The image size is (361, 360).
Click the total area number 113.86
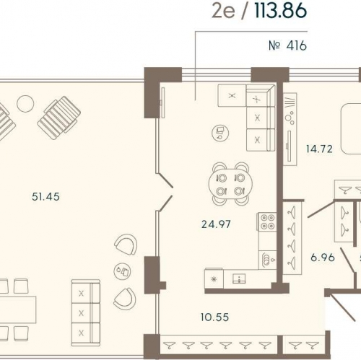[281, 11]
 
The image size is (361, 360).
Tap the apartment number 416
[287, 45]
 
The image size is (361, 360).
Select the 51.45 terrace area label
[45, 197]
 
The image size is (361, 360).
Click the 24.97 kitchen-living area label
[216, 224]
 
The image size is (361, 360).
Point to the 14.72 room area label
[319, 149]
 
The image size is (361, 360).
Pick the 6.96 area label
[323, 258]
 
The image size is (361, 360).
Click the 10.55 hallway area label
[215, 317]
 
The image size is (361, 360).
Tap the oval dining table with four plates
[230, 184]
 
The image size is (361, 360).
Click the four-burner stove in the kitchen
[267, 222]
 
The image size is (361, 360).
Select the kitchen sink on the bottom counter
[239, 278]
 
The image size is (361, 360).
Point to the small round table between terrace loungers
[25, 104]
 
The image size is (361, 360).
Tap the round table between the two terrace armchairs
[122, 271]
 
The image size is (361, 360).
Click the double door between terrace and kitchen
[165, 192]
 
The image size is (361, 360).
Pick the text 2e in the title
[223, 12]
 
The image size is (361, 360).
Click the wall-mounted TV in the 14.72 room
[289, 146]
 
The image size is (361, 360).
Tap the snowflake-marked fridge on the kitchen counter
[214, 278]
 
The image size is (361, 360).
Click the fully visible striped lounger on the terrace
[59, 118]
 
